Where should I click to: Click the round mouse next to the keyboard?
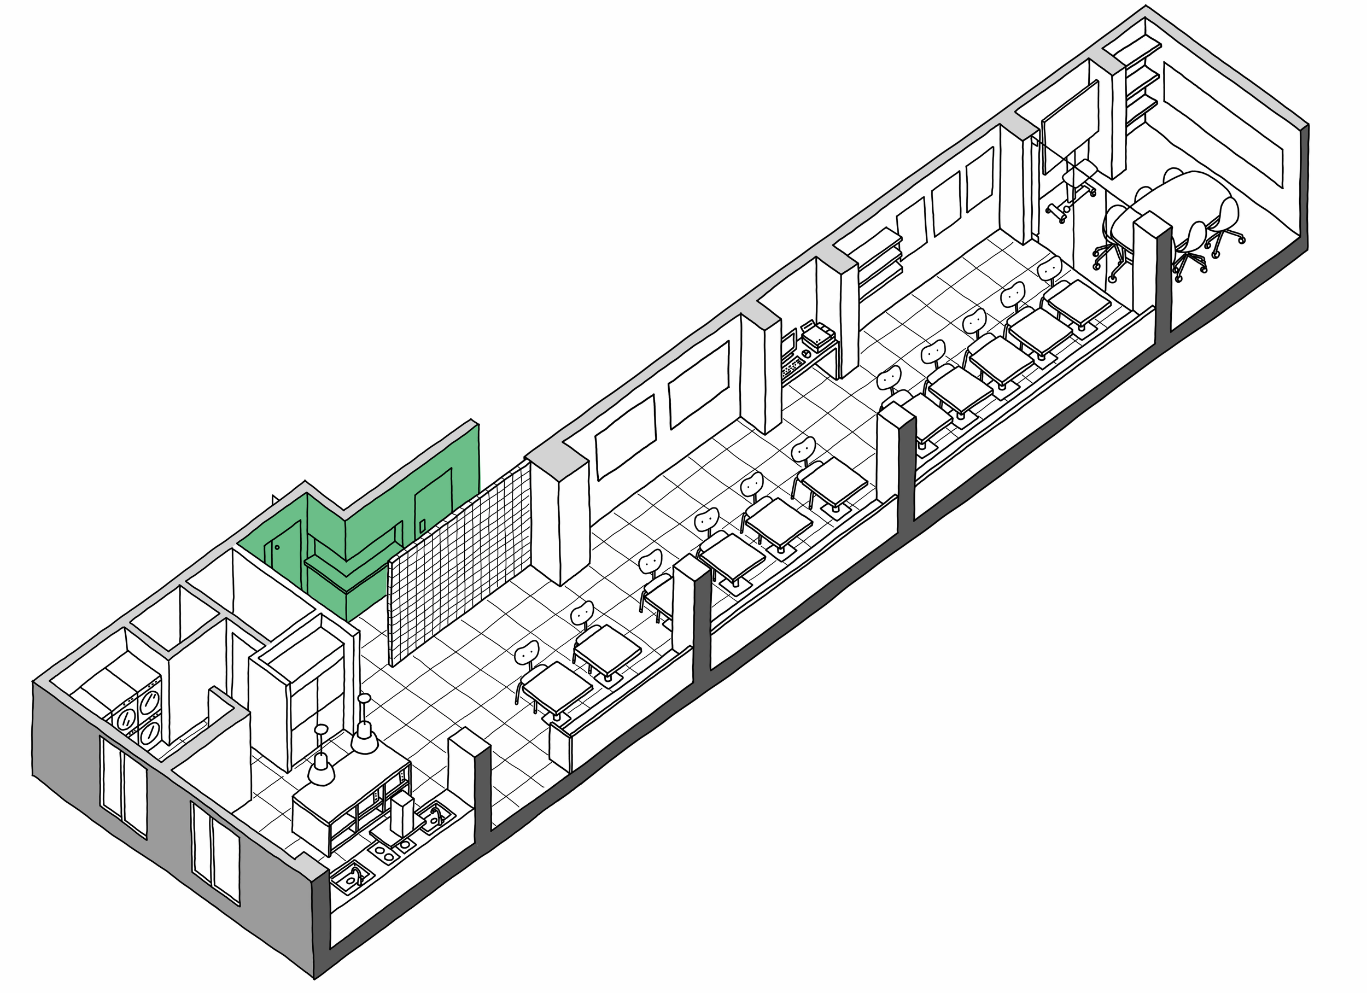(806, 354)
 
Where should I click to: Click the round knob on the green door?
(277, 547)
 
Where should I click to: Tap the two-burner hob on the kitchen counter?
(392, 850)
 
